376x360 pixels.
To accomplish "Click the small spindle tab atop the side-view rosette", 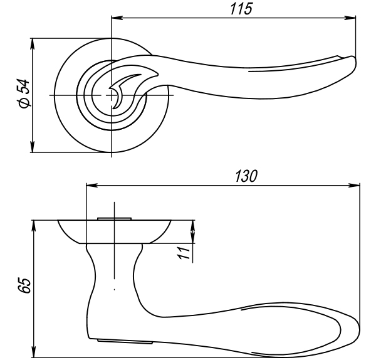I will point(114,218).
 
